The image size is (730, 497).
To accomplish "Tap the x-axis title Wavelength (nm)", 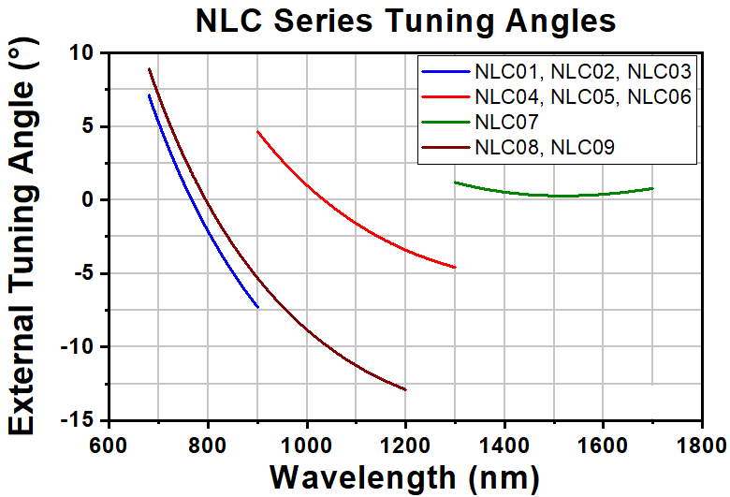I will tap(404, 475).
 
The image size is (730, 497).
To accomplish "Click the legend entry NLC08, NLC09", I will tap(544, 146).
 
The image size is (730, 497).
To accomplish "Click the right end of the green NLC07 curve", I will tap(652, 188).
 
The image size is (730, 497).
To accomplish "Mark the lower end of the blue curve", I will tap(257, 307).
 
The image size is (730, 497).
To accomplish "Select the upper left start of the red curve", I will tap(257, 132).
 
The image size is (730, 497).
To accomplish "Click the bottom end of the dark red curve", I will tap(405, 389).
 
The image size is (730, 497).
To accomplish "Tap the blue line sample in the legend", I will tap(445, 72).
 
